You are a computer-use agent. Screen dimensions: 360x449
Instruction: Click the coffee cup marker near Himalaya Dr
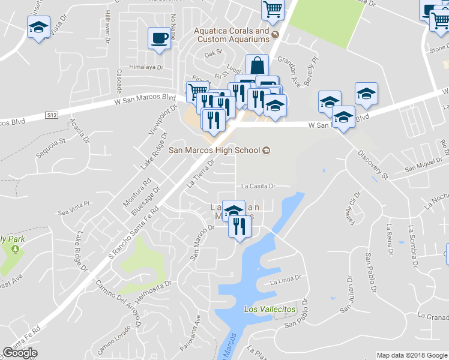click(160, 38)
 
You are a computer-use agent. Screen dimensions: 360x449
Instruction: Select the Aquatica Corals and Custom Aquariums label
click(231, 35)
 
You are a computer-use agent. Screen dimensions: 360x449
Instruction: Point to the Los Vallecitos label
click(270, 308)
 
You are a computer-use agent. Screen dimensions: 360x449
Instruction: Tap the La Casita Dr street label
click(258, 186)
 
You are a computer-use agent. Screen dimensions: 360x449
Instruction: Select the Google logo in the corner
click(20, 353)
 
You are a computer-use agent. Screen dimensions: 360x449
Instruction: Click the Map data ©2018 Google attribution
click(411, 355)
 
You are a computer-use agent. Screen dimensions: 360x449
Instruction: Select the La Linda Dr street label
click(285, 281)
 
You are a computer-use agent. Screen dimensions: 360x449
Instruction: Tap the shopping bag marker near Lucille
click(257, 65)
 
